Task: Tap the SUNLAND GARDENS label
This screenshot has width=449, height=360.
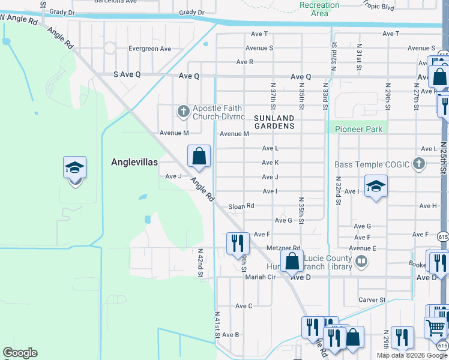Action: pyautogui.click(x=274, y=122)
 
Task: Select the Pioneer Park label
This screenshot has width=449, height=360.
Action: pyautogui.click(x=358, y=129)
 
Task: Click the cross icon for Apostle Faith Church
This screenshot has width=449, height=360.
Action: pyautogui.click(x=183, y=111)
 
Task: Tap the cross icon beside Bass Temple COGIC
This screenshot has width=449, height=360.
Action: pyautogui.click(x=419, y=164)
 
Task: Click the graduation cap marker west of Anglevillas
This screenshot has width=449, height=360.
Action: pyautogui.click(x=75, y=168)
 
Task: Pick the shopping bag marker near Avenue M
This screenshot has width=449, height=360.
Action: pyautogui.click(x=199, y=157)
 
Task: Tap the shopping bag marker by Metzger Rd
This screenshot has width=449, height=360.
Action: pyautogui.click(x=292, y=262)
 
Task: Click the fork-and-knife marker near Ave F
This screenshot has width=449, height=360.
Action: pyautogui.click(x=238, y=243)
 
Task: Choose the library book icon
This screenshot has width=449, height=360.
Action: pyautogui.click(x=361, y=261)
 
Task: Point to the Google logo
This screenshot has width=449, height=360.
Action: pyautogui.click(x=20, y=353)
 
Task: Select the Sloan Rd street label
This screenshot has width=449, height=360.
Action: pyautogui.click(x=241, y=206)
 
